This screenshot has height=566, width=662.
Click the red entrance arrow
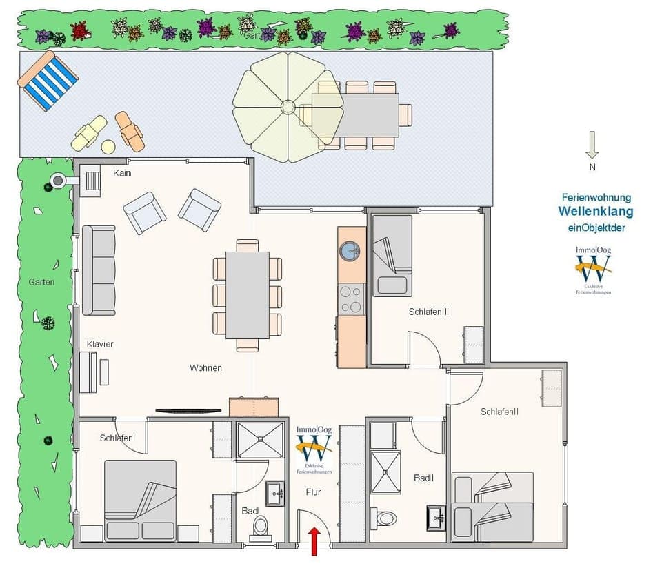tap(314, 539)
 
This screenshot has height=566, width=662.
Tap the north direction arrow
tap(592, 145)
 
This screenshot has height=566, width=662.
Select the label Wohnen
tap(205, 368)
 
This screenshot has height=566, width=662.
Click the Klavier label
tap(100, 344)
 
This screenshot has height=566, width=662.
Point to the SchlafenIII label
tap(428, 312)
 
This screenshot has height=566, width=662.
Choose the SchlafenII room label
tap(499, 412)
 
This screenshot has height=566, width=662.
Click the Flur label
tap(314, 492)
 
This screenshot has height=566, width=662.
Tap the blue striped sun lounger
tap(48, 81)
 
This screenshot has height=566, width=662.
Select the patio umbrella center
tap(287, 108)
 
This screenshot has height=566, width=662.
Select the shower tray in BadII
tap(385, 472)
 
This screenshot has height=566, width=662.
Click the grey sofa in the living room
tap(99, 270)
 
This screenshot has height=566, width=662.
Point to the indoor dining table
tap(248, 295)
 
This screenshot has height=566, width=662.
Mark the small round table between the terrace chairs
tap(108, 146)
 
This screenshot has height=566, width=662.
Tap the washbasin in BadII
tap(435, 516)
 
